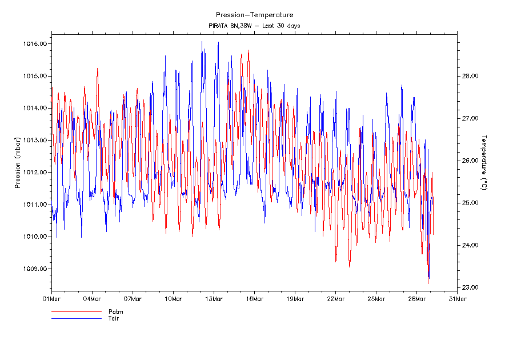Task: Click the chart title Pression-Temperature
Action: coord(254,15)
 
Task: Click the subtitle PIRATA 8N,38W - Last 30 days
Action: coord(254,26)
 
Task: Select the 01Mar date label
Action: coord(51,298)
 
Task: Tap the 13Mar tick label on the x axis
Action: coord(214,298)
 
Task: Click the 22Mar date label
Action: coord(335,298)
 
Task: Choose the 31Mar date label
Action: coord(457,298)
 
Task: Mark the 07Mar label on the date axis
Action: coord(133,298)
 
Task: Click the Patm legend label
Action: coord(116,312)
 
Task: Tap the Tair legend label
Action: coord(114,318)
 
